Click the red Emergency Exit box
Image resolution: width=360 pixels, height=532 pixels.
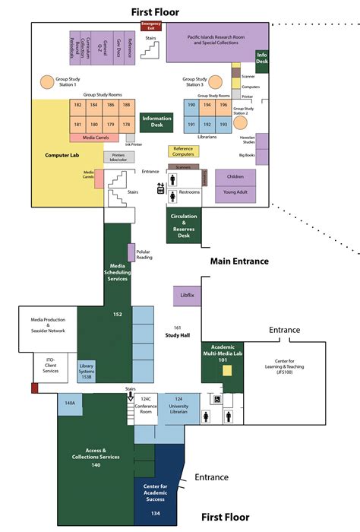tap(153, 26)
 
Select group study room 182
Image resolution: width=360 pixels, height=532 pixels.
tap(77, 106)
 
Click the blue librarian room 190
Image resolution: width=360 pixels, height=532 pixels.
tap(192, 106)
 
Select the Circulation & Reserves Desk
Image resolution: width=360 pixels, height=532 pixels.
tap(184, 226)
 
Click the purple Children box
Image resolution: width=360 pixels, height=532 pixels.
tap(235, 176)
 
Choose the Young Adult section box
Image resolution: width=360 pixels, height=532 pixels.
tap(235, 193)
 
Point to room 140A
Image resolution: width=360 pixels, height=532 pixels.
tap(70, 404)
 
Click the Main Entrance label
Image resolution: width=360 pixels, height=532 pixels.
tap(239, 261)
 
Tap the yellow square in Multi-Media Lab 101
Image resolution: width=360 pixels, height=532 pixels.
tap(226, 371)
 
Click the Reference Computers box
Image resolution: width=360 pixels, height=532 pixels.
tap(183, 151)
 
